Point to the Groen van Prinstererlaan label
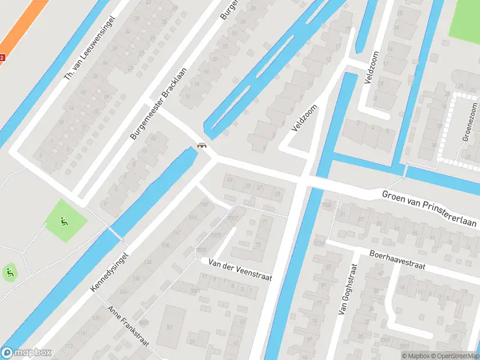[x=429, y=208]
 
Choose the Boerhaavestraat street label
[x=397, y=260]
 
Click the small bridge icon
[x=202, y=145]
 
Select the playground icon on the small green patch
[x=10, y=273]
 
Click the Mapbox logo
[x=26, y=353]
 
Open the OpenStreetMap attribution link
[x=449, y=356]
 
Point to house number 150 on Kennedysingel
[x=204, y=205]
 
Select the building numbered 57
[x=169, y=326]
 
